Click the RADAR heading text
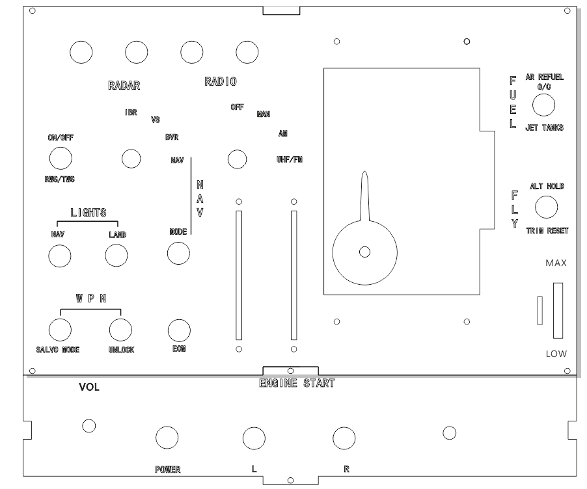(124, 86)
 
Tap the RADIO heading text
(221, 81)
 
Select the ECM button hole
(179, 331)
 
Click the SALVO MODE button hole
(60, 330)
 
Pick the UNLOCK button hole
(120, 330)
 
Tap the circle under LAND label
(116, 256)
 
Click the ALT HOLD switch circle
(546, 207)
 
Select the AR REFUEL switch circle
(543, 105)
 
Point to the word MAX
(556, 263)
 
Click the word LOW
(556, 354)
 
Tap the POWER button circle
(167, 438)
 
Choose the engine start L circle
(254, 438)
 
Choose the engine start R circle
(344, 438)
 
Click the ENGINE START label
(297, 383)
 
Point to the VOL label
(89, 388)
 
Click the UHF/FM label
(290, 159)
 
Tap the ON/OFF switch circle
(61, 158)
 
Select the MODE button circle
(178, 254)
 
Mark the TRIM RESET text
(547, 231)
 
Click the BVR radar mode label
(172, 137)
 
